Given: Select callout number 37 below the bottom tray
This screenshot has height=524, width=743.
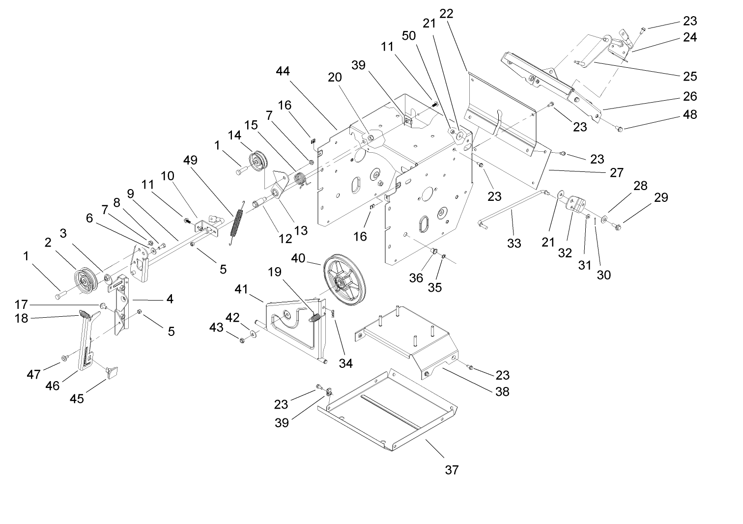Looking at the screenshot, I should point(452,470).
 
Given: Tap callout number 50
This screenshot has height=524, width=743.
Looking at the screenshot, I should point(408,35).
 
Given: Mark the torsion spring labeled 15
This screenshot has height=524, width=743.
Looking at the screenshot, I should point(301,179).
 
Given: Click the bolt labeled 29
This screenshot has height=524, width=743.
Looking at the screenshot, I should point(616,226).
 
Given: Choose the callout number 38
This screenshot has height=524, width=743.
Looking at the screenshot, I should point(502,391).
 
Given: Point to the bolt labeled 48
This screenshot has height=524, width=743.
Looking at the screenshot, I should point(619,129).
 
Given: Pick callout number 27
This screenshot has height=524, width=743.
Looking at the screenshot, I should point(616,172).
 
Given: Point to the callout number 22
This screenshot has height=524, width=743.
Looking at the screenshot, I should point(446,15).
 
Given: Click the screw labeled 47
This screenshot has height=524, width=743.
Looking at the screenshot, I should point(64,358).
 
